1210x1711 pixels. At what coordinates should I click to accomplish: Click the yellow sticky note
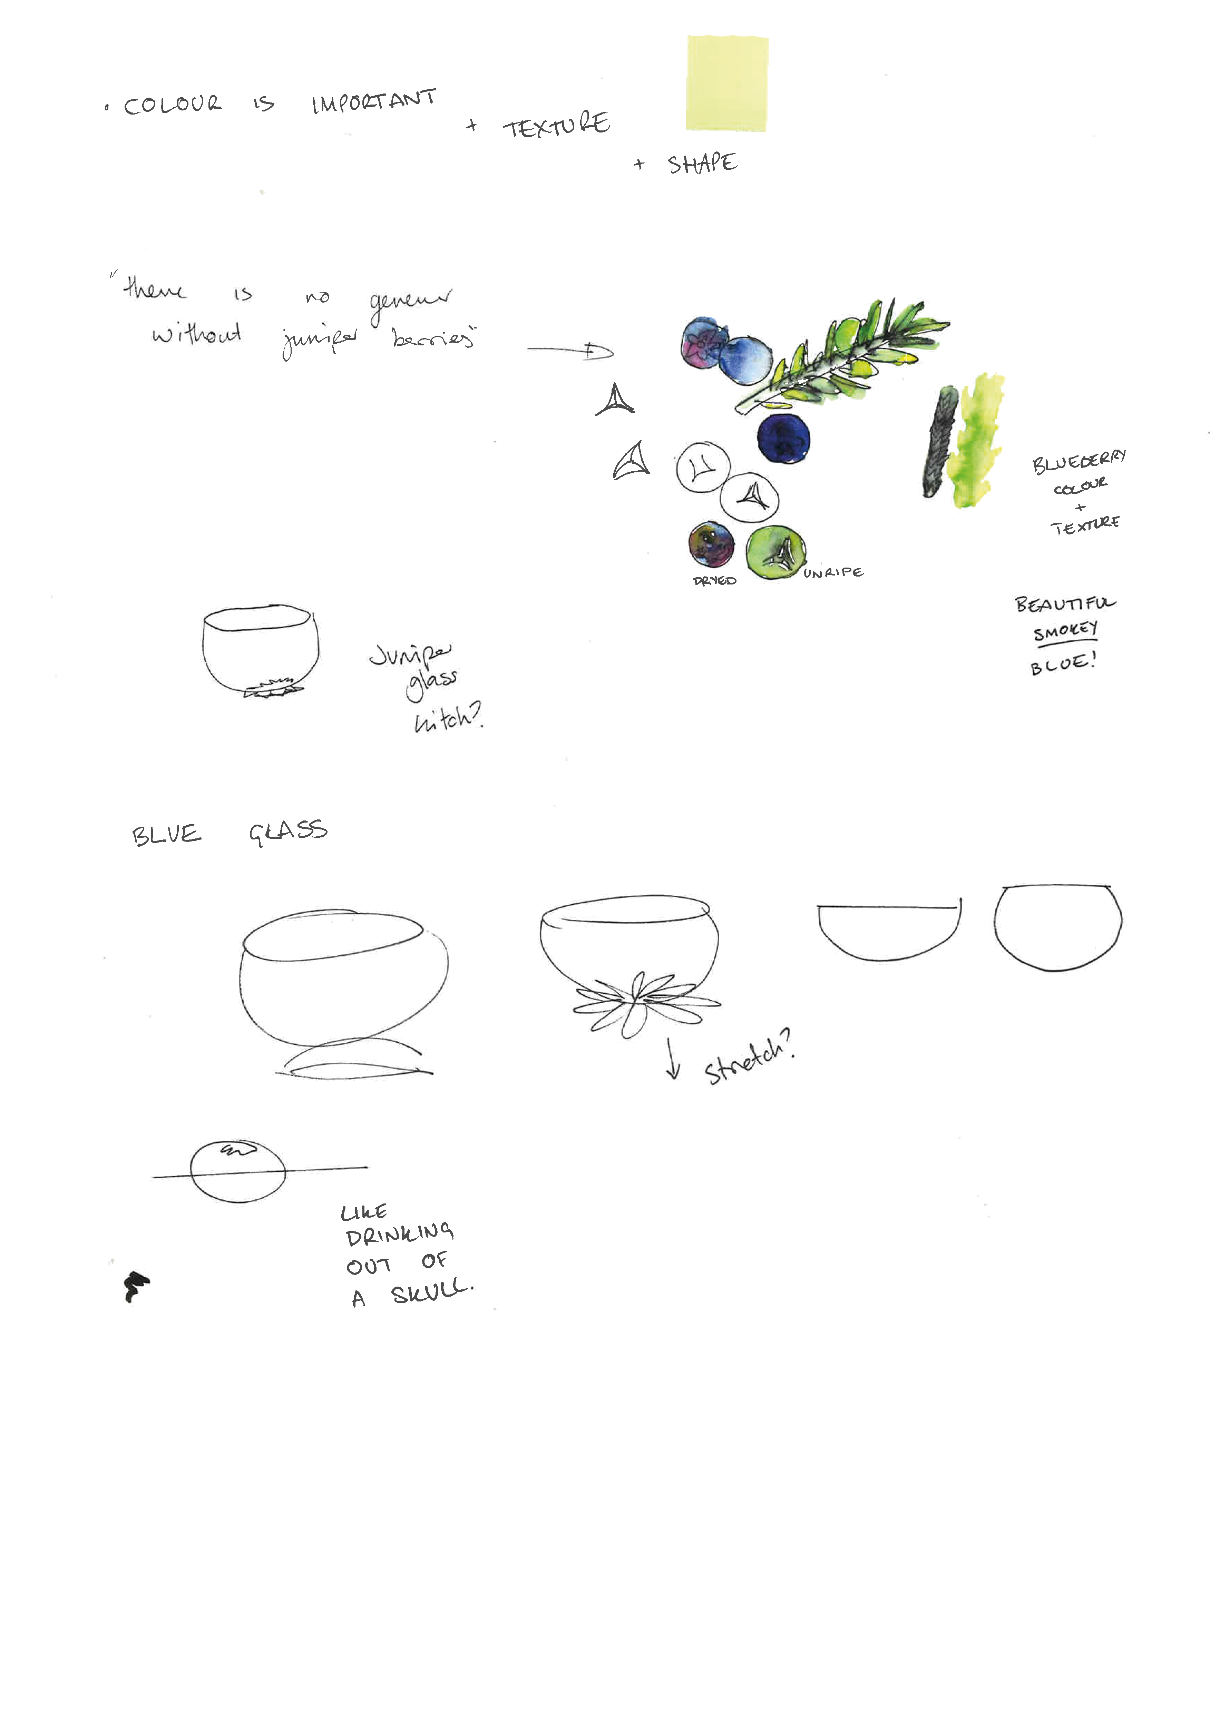coord(727,83)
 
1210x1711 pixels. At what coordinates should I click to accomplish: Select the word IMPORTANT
coord(373,101)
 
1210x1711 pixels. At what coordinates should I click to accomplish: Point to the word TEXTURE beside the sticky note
coord(556,125)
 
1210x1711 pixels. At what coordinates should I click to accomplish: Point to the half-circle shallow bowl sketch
coord(887,932)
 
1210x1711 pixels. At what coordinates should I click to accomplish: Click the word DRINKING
coord(400,1235)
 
